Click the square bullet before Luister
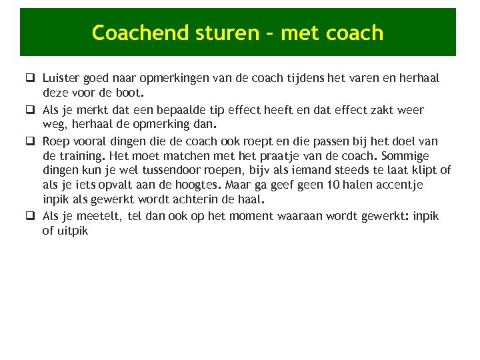click(31, 79)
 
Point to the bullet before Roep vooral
click(31, 141)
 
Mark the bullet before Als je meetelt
click(31, 216)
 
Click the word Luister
click(59, 78)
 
